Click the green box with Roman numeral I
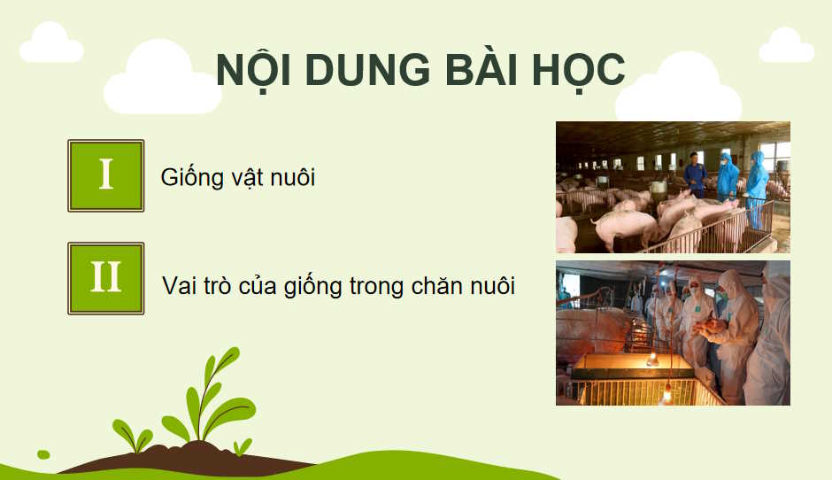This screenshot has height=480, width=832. click(x=106, y=175)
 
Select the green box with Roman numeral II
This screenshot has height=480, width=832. click(x=106, y=278)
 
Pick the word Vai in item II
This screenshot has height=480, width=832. click(x=181, y=287)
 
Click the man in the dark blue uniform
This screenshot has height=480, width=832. click(x=695, y=174)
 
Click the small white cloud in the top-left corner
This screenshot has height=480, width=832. click(x=51, y=43)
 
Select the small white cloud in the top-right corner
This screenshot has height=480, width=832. click(x=785, y=46)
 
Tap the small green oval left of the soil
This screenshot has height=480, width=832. click(x=43, y=454)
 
